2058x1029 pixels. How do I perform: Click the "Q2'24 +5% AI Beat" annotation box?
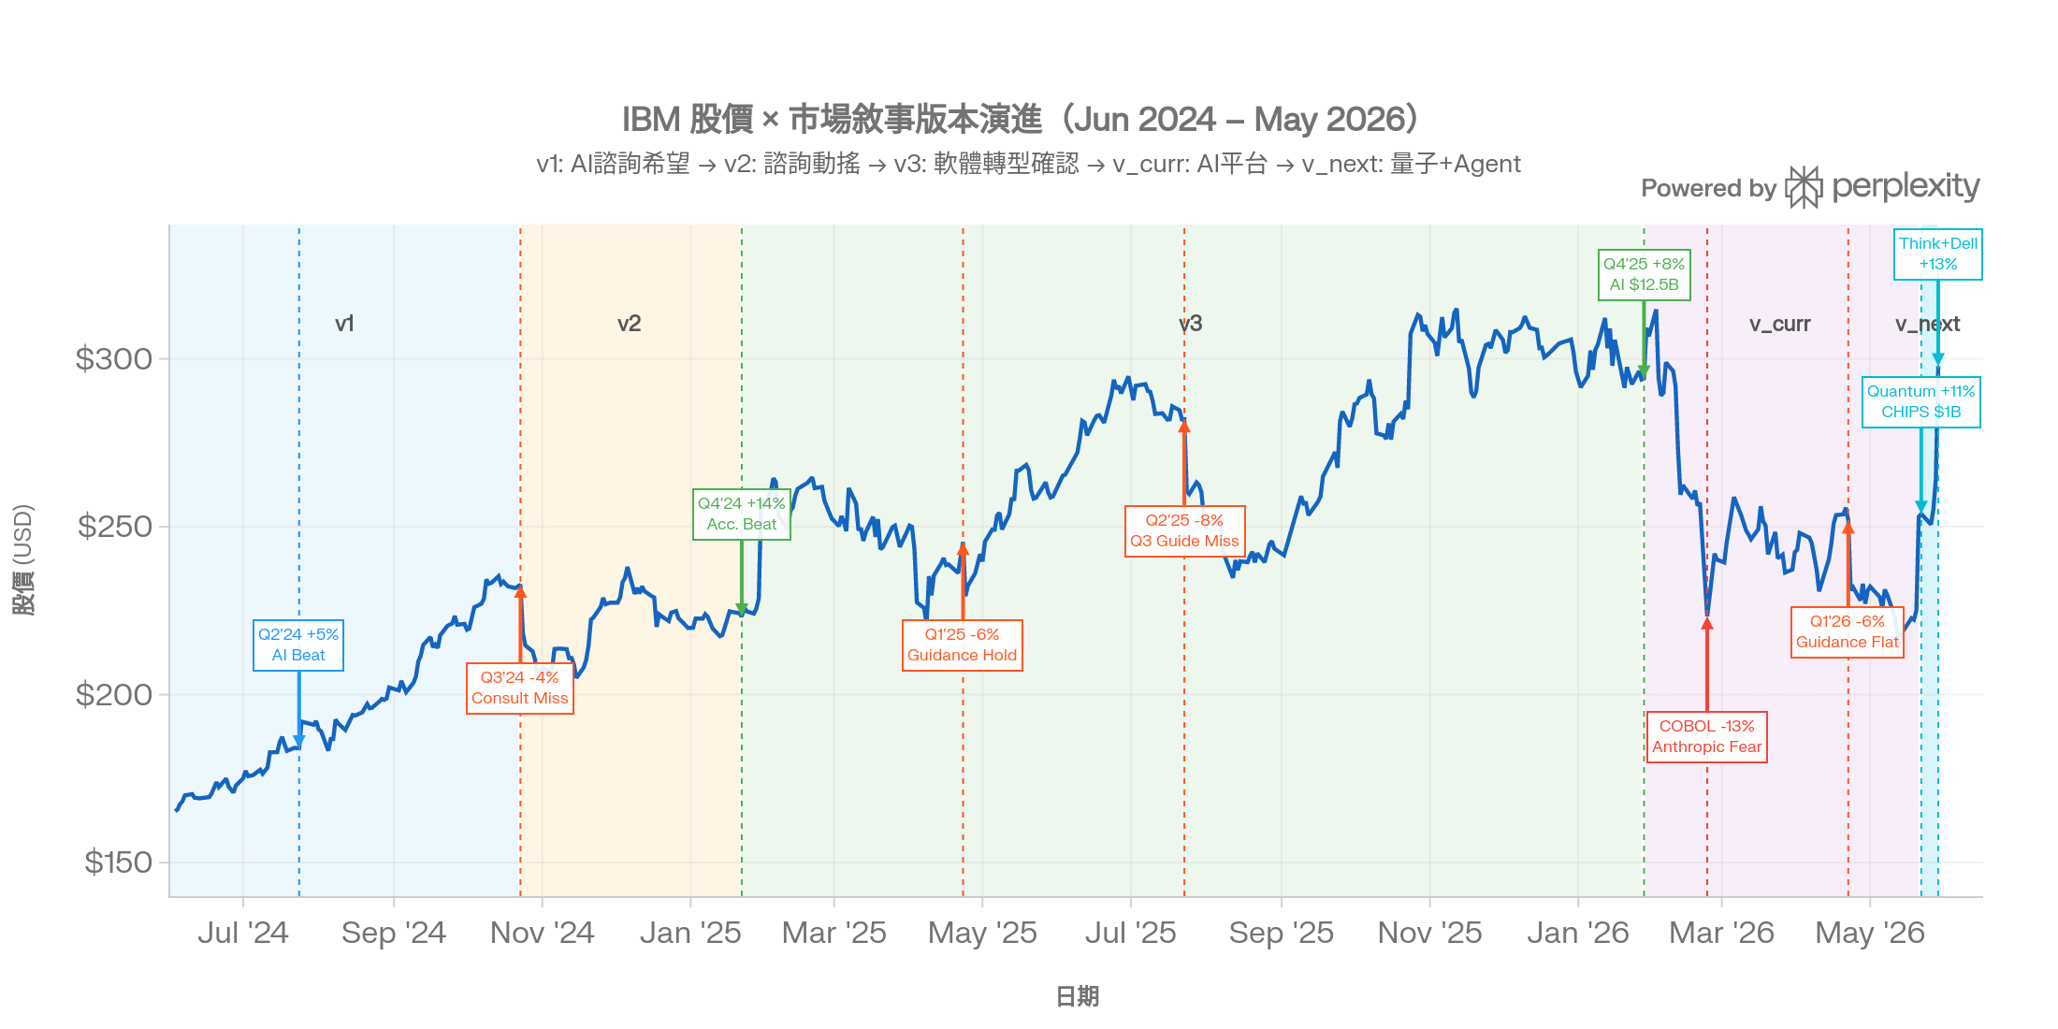[298, 645]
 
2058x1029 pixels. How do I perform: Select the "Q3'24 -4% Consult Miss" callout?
[520, 688]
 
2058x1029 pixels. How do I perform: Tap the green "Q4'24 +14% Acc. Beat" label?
[742, 514]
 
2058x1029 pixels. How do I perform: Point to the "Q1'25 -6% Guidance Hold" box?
[963, 645]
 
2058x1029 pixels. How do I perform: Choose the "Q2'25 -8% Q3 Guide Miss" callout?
[1184, 531]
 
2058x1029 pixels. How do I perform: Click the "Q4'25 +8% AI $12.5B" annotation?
[1645, 275]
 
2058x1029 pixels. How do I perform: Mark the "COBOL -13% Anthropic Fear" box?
[1707, 737]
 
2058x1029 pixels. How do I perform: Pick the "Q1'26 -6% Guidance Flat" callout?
[1848, 632]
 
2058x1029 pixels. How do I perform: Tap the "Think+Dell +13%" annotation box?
[1938, 254]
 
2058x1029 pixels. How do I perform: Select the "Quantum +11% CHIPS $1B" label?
[1921, 402]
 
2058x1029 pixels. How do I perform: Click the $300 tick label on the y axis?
[114, 359]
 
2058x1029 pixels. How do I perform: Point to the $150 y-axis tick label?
[118, 862]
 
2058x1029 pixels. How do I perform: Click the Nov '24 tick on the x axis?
[543, 933]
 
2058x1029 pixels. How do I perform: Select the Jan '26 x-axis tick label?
[1578, 933]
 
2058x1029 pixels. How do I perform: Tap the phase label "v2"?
[630, 324]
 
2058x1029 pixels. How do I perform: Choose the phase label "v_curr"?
[1780, 325]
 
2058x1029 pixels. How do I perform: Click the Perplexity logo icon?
[1804, 187]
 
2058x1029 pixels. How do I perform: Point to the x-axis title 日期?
[1077, 997]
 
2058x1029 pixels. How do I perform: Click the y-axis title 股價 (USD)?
[23, 559]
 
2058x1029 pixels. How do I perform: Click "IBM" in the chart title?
[651, 120]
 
